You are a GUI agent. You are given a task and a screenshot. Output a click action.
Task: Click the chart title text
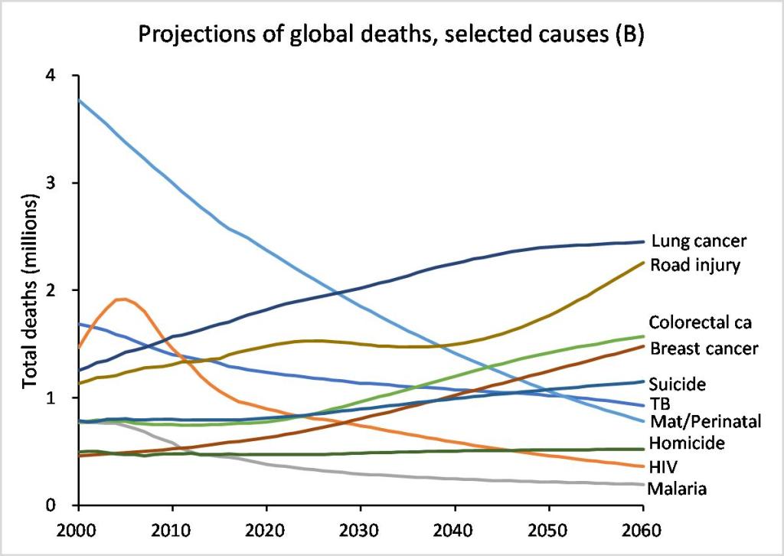point(390,35)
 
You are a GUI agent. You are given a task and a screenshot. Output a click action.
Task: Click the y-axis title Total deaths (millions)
point(31,291)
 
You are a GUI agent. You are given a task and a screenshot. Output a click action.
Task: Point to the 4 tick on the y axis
point(54,76)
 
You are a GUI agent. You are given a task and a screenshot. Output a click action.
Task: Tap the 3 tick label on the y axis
point(54,183)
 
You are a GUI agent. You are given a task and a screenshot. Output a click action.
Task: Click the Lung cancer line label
point(698,242)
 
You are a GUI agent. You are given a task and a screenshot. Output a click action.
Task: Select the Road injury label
point(694,265)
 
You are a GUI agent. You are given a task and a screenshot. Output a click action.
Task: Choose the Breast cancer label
point(704,349)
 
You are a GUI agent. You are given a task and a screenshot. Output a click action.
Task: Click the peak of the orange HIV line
point(123,299)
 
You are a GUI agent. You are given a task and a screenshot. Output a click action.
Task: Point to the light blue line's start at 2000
point(78,100)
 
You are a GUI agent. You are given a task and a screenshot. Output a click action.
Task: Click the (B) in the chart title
point(630,35)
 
